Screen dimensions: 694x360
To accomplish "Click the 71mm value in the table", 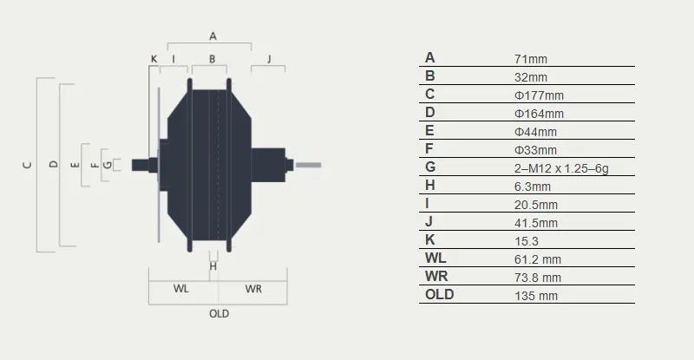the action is click(x=531, y=59).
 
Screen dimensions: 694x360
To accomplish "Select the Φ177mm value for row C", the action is click(x=539, y=95).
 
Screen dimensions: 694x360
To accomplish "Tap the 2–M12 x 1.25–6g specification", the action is click(x=561, y=168).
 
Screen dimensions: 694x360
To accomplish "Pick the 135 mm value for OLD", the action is click(x=536, y=295).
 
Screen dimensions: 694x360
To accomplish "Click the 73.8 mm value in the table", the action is click(x=538, y=278).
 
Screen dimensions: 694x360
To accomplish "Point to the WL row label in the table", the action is click(x=435, y=258).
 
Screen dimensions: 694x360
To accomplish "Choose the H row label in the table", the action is click(x=429, y=185).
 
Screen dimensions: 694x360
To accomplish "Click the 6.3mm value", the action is click(x=533, y=187).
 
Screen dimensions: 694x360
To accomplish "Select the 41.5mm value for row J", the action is click(x=536, y=223).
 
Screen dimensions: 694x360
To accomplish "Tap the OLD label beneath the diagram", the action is click(x=219, y=313).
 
